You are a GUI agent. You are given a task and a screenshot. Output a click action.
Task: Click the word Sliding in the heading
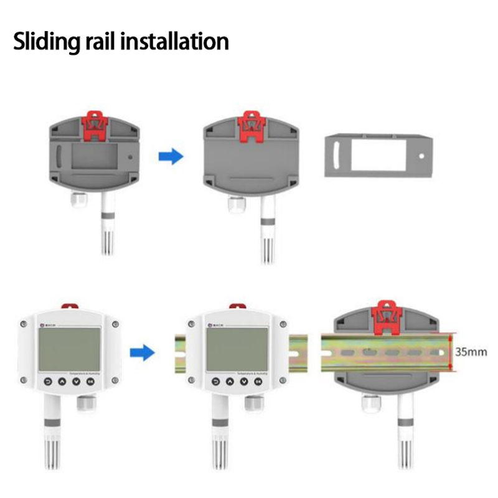point(45,42)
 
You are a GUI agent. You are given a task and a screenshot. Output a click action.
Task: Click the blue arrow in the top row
point(169,156)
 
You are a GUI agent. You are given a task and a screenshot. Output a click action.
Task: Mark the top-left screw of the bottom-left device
point(23,323)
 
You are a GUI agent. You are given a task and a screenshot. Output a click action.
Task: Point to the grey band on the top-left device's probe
point(105,217)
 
